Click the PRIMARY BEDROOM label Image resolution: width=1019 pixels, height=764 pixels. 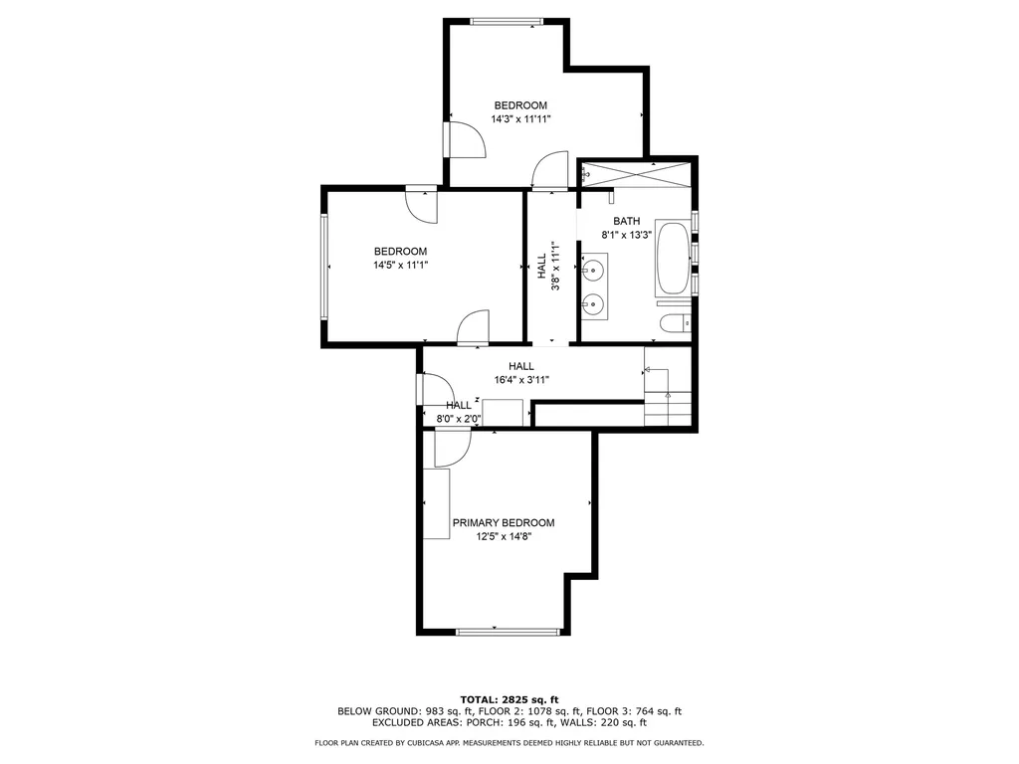[x=504, y=523]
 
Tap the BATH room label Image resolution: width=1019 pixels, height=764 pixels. [x=626, y=221]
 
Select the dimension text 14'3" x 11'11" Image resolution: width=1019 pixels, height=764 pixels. [x=520, y=118]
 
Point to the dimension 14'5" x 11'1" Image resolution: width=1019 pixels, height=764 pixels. [x=400, y=266]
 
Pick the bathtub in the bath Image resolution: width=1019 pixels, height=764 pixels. [x=672, y=260]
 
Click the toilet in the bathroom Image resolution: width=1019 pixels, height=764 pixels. [x=674, y=322]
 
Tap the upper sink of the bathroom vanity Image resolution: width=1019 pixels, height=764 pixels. [x=594, y=269]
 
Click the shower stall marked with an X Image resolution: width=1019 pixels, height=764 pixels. [x=637, y=173]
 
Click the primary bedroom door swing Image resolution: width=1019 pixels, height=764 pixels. [x=449, y=449]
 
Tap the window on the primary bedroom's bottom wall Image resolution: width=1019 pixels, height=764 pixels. [x=507, y=631]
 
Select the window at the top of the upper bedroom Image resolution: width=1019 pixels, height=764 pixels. [x=507, y=21]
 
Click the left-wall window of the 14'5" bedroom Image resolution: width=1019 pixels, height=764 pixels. [x=323, y=266]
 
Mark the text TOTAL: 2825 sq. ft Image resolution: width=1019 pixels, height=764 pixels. [x=509, y=698]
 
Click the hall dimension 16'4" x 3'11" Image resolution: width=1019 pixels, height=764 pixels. [x=521, y=379]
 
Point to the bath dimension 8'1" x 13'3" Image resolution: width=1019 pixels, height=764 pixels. [x=626, y=235]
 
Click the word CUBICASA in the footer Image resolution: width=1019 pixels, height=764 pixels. [x=427, y=742]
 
